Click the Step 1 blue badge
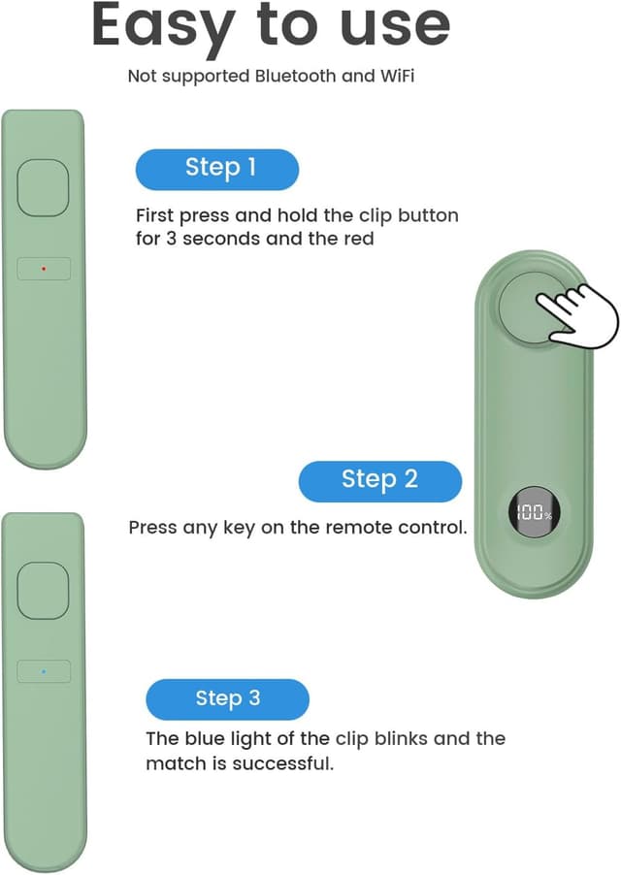pos(217,169)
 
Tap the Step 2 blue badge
pos(380,481)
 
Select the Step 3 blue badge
pos(228,699)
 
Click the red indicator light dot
pos(44,269)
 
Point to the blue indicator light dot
pos(44,671)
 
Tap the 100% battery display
pos(534,513)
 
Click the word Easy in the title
pos(163,27)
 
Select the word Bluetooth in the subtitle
pos(296,76)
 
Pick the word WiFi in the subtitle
pos(397,76)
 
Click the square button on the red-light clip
pos(43,187)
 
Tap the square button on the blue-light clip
pos(43,591)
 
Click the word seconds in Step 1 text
pos(222,239)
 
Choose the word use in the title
pos(395,27)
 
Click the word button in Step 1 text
pos(428,215)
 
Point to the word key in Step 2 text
pos(239,529)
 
